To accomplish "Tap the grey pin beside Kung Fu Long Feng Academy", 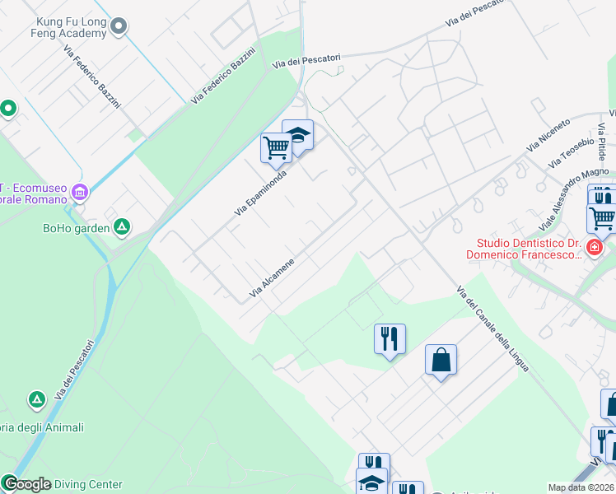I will click(x=119, y=26).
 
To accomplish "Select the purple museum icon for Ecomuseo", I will click(x=80, y=193).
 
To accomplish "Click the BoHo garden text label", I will click(x=75, y=228).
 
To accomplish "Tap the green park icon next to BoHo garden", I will click(x=122, y=226).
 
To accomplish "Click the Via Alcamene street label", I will click(x=272, y=278).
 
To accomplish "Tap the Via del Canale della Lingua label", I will click(x=492, y=329).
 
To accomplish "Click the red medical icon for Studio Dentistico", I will click(x=595, y=246).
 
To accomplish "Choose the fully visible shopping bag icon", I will click(x=441, y=360).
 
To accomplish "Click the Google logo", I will click(x=26, y=484).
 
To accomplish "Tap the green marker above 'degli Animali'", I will click(x=36, y=400).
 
